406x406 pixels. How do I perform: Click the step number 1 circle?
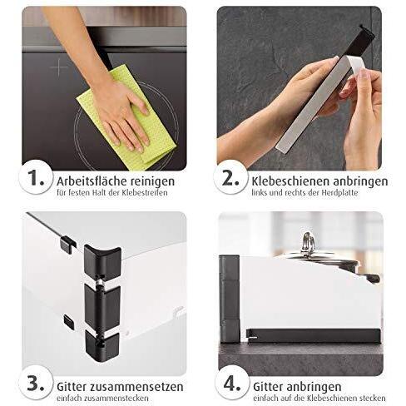(35, 177)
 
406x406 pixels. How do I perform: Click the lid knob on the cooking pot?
(308, 242)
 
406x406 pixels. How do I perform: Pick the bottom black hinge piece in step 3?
(101, 343)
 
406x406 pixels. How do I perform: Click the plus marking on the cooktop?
(59, 66)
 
